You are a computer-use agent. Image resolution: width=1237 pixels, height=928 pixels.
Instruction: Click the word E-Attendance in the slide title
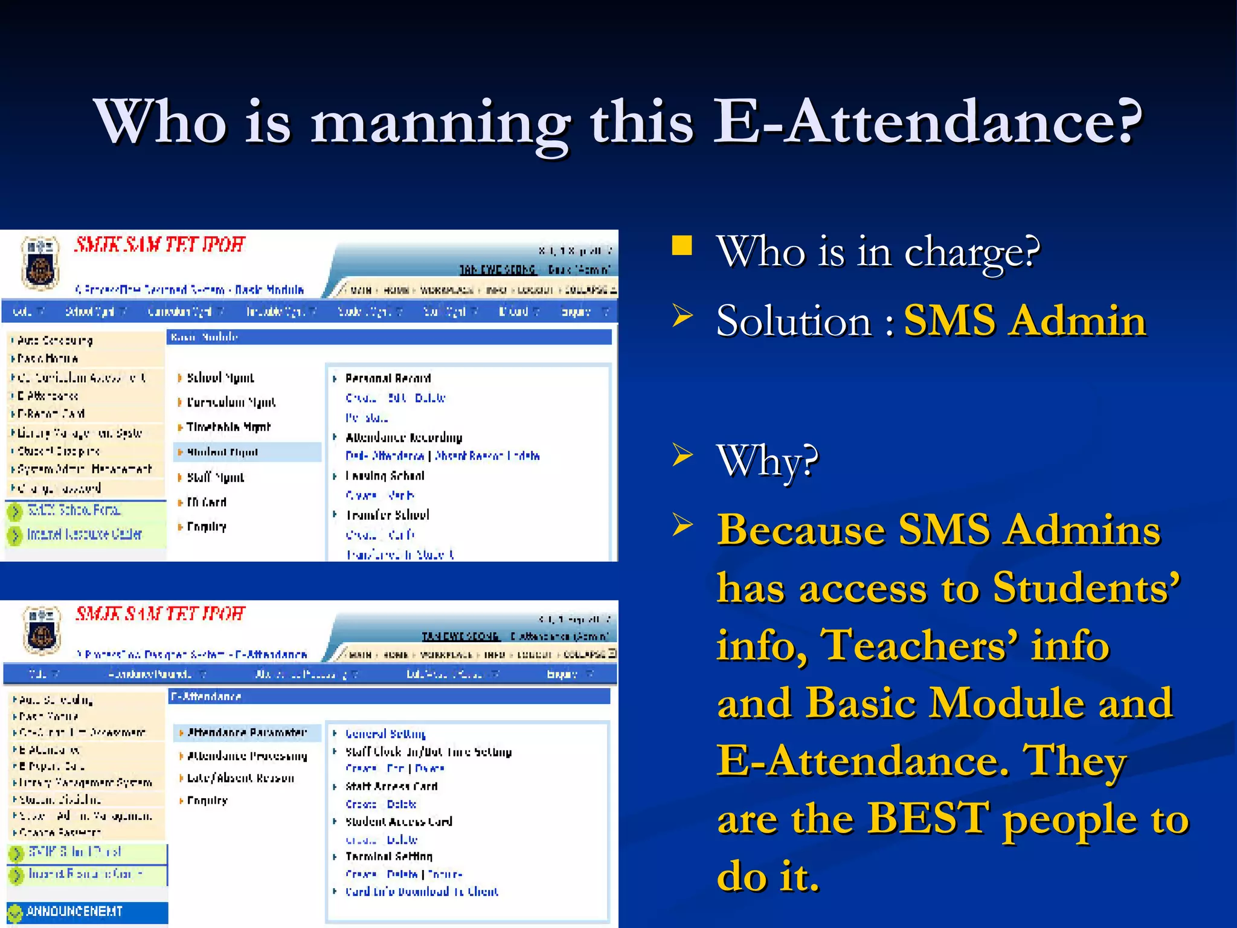pos(927,123)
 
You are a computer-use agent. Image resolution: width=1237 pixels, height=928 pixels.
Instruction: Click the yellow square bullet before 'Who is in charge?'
pos(682,246)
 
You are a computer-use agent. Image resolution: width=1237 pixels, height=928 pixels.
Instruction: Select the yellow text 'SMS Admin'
pos(1024,320)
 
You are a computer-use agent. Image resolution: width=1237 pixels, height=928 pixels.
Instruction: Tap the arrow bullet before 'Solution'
pos(683,316)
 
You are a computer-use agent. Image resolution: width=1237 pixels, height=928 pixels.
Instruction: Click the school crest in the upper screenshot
pos(40,262)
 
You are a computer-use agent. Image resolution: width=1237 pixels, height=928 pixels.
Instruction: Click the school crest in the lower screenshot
pos(41,631)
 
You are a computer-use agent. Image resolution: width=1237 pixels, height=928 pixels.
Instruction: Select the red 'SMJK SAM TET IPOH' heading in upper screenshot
pos(160,245)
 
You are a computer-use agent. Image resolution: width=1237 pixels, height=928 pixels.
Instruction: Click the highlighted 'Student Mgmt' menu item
pos(222,452)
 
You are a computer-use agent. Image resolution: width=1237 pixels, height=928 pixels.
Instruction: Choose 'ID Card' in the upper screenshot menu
pos(207,502)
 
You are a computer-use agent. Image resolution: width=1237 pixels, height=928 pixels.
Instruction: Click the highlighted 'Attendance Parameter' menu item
pos(246,733)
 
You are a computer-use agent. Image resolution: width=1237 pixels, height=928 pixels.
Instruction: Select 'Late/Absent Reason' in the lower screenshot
pos(240,778)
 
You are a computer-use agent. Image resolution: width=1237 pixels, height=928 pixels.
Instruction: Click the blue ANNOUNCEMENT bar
pos(87,912)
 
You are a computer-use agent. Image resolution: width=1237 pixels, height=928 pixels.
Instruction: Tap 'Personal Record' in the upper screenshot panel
pos(388,378)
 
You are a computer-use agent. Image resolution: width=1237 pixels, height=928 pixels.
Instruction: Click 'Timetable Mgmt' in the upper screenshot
pos(228,427)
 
